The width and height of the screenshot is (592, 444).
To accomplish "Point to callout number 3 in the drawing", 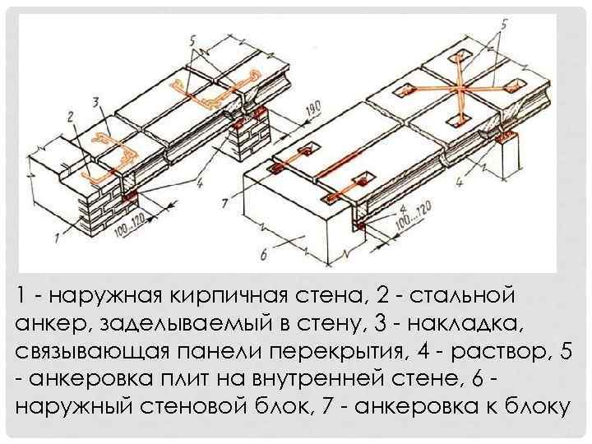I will (97, 102).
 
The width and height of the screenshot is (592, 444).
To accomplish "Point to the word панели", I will (224, 351).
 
